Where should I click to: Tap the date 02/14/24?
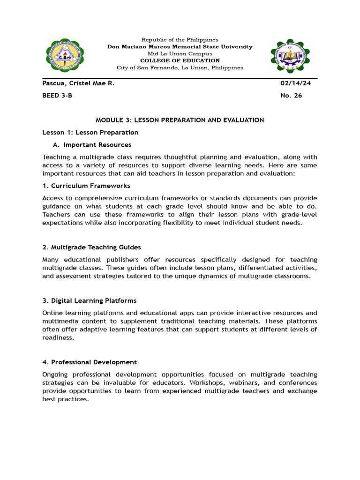(295, 83)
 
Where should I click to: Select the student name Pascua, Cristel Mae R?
(78, 83)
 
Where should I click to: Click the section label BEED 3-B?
(57, 96)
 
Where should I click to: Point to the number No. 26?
(291, 96)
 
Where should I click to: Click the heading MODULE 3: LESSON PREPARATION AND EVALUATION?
(180, 120)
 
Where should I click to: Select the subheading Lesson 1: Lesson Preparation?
(90, 132)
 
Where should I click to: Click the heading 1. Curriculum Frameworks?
(86, 186)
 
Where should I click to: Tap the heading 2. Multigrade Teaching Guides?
(91, 247)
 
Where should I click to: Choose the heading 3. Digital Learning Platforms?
(89, 300)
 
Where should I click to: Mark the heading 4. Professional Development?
(90, 362)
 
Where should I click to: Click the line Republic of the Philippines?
(180, 40)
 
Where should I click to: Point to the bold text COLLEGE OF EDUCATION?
(180, 60)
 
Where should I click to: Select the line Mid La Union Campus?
(180, 53)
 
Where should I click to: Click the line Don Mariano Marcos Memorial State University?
(180, 47)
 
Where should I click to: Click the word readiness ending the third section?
(58, 337)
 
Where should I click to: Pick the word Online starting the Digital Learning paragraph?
(52, 313)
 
